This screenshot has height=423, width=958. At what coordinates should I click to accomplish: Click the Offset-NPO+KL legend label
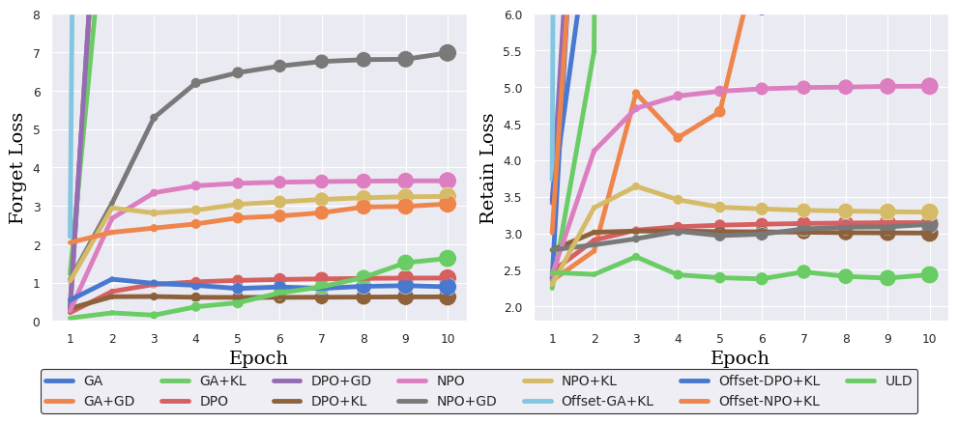coord(769,401)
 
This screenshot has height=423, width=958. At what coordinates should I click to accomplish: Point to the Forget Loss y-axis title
coord(17,167)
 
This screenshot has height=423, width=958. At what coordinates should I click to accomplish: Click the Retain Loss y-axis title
coord(488,167)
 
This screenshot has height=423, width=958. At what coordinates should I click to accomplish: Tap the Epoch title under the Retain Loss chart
coord(740,358)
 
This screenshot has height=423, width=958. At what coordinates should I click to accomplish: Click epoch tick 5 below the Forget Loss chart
coord(238,338)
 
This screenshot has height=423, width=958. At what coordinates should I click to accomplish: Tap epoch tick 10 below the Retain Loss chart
coord(928,338)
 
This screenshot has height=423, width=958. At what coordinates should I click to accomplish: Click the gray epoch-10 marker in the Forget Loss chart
coord(447,53)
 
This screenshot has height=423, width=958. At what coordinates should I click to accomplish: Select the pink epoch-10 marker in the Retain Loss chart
coord(928,86)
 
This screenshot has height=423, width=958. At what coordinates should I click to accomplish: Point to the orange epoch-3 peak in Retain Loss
coord(636,94)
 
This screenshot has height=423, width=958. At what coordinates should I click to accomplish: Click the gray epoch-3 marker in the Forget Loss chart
coord(154,118)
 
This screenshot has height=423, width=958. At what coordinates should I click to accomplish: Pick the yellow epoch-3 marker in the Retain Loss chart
coord(636,186)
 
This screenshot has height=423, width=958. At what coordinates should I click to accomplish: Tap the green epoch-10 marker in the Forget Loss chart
coord(447,259)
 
